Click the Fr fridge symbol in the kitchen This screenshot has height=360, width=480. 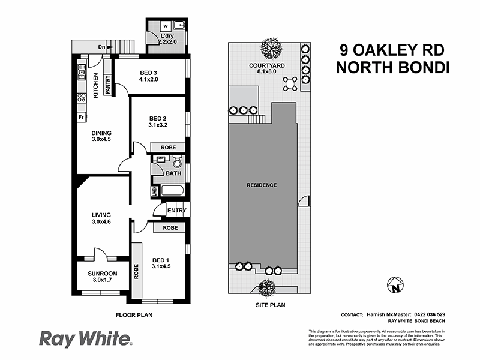click(x=80, y=117)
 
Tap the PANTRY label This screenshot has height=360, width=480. click(x=108, y=84)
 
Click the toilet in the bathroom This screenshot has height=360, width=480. click(x=177, y=162)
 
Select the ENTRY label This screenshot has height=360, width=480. click(x=176, y=211)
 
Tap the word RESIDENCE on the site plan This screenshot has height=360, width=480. click(x=262, y=185)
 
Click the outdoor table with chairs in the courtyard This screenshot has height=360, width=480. click(x=290, y=82)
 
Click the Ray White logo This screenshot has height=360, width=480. click(x=85, y=339)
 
